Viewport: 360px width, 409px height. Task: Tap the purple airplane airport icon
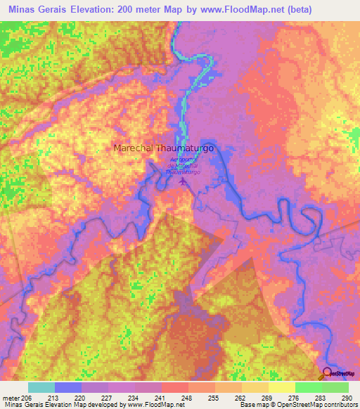pos(184,182)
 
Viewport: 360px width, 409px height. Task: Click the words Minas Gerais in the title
pos(34,8)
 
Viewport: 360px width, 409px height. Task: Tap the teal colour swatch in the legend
pos(41,387)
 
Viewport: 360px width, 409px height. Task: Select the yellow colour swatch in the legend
pos(281,387)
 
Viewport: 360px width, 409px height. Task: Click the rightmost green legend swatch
pos(335,387)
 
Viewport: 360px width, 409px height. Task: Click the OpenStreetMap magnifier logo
pos(328,373)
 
